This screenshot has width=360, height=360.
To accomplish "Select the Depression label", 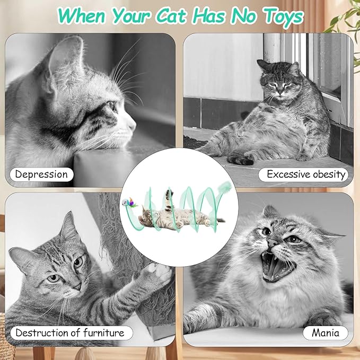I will coord(41,174).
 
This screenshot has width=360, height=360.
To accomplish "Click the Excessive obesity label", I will coord(306,174).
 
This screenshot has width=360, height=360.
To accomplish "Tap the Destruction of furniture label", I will coord(69,333).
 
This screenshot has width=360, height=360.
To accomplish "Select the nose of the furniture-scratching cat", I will coord(77,286).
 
